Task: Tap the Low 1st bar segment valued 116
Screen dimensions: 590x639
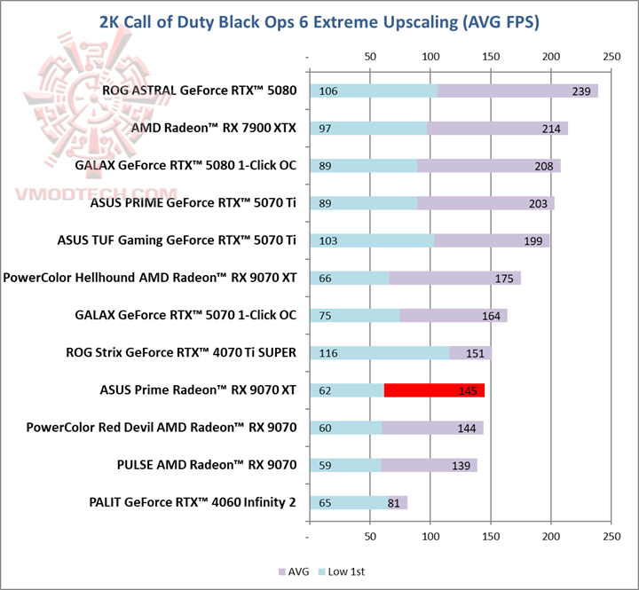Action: tap(379, 352)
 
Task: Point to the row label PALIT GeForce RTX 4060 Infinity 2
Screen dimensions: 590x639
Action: tap(193, 502)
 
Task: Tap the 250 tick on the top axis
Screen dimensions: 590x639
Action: tap(611, 56)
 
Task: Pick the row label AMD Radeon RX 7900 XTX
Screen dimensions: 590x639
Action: tap(213, 129)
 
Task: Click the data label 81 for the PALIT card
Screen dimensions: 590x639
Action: tap(396, 503)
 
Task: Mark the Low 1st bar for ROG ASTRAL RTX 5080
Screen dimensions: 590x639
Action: tap(373, 90)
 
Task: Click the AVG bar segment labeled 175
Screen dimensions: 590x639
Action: tap(454, 278)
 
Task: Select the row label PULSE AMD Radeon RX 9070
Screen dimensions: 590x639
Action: tap(206, 464)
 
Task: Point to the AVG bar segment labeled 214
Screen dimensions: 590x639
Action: tap(497, 129)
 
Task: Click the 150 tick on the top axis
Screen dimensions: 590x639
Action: tap(490, 56)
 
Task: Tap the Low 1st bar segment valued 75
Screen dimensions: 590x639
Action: tap(354, 315)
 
